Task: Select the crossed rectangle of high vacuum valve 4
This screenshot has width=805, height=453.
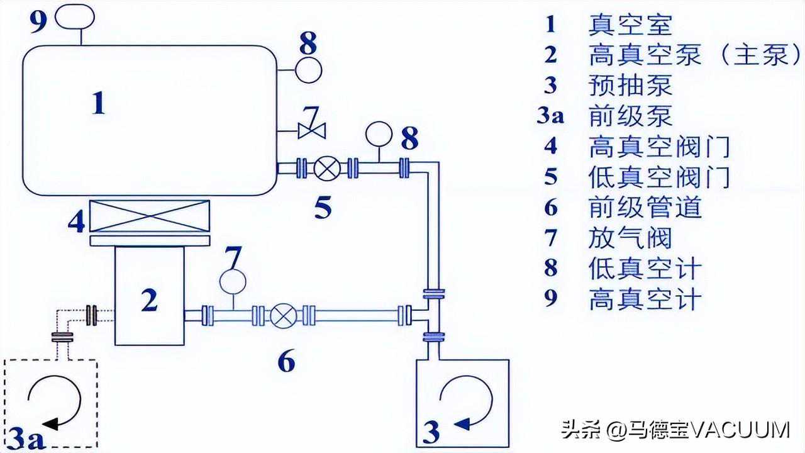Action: (x=150, y=216)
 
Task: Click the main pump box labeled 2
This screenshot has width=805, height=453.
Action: (x=150, y=296)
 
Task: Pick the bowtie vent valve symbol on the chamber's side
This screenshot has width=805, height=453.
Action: (x=311, y=131)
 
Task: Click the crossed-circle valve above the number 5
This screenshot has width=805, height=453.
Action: (x=327, y=168)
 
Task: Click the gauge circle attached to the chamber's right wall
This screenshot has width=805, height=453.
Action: (x=308, y=69)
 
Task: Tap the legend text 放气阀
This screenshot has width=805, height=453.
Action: (x=630, y=238)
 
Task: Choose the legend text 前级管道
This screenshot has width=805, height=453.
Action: (x=645, y=208)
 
